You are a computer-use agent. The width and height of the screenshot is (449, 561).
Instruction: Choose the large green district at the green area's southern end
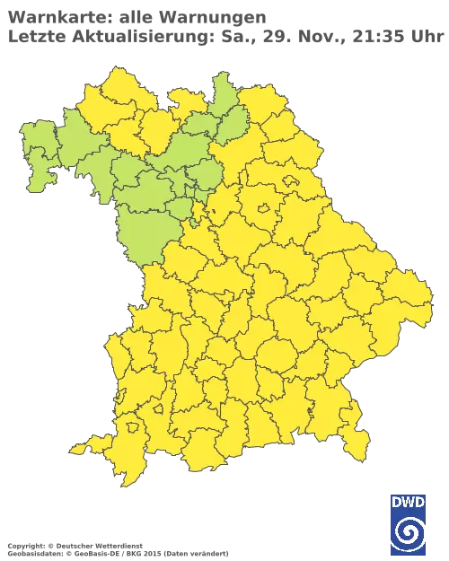click(144, 233)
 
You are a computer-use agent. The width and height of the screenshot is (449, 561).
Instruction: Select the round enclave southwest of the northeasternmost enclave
click(266, 209)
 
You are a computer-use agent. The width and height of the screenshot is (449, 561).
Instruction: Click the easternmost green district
click(233, 121)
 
